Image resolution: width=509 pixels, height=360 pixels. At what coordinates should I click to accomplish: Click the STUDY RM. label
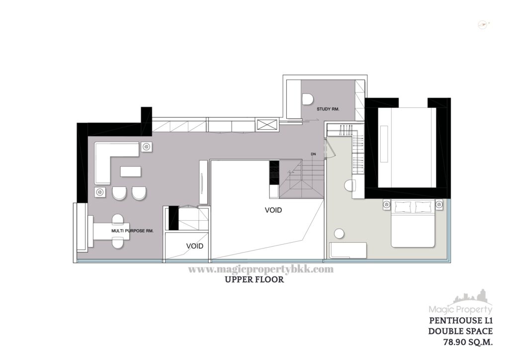[328, 109]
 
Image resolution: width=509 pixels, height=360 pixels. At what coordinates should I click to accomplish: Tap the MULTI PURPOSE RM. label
[132, 231]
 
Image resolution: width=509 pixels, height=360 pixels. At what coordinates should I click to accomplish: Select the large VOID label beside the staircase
[273, 210]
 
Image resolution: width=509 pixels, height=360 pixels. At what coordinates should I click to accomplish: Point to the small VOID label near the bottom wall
[195, 246]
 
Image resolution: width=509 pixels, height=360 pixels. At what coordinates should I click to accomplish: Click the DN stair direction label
[313, 154]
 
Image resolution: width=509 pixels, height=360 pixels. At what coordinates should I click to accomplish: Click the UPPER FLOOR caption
[254, 279]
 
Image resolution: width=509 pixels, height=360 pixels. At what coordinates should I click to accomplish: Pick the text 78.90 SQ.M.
[468, 342]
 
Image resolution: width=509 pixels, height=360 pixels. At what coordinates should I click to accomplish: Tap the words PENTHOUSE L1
[461, 321]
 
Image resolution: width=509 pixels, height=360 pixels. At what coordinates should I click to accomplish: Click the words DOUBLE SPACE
[460, 331]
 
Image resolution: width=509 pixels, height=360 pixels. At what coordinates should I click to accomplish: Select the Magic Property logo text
[461, 310]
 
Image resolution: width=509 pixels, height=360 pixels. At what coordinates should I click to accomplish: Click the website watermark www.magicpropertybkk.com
[261, 270]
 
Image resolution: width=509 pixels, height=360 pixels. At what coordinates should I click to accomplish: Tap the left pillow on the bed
[403, 206]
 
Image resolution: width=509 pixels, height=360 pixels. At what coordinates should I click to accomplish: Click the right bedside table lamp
[439, 204]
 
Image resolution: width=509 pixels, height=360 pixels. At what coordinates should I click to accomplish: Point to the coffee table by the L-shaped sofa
[131, 172]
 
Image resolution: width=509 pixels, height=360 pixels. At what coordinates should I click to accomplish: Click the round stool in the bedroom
[339, 234]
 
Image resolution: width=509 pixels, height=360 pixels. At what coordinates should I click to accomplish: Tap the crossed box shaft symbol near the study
[266, 125]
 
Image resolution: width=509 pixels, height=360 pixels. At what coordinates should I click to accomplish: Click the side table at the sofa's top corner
[147, 147]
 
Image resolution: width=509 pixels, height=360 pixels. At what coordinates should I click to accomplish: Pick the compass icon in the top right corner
[484, 25]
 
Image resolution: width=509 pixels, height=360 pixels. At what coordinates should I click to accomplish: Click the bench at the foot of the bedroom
[348, 250]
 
